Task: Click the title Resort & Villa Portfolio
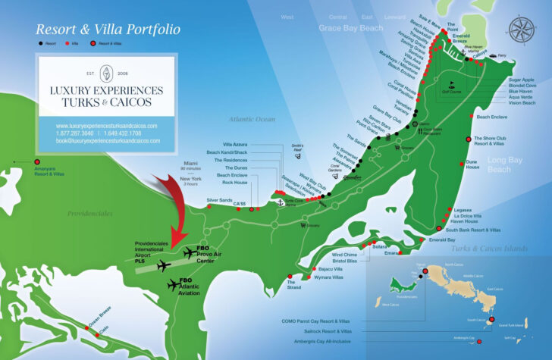click(x=108, y=30)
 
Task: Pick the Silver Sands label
click(x=220, y=200)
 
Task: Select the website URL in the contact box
click(x=107, y=125)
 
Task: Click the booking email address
click(x=108, y=140)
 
